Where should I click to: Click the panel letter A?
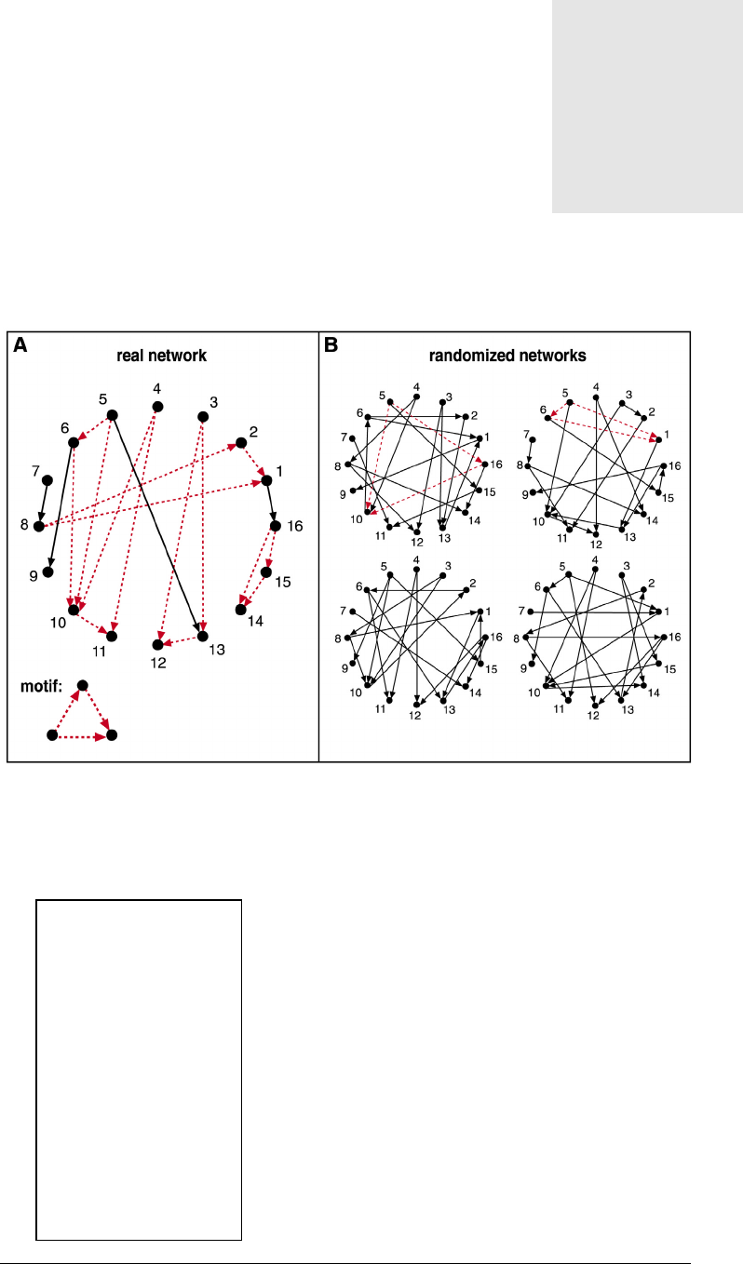pyautogui.click(x=20, y=345)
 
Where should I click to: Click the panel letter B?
pyautogui.click(x=331, y=345)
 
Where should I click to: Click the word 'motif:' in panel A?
pyautogui.click(x=40, y=691)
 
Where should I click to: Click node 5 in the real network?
pyautogui.click(x=112, y=415)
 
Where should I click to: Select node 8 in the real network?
pyautogui.click(x=38, y=527)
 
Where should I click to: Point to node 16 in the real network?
pyautogui.click(x=275, y=526)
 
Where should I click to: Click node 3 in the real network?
pyautogui.click(x=202, y=416)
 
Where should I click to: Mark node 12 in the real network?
pyautogui.click(x=157, y=644)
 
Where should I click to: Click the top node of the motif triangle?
pyautogui.click(x=82, y=686)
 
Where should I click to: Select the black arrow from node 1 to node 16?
pyautogui.click(x=271, y=504)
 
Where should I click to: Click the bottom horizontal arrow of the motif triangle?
pyautogui.click(x=82, y=735)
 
